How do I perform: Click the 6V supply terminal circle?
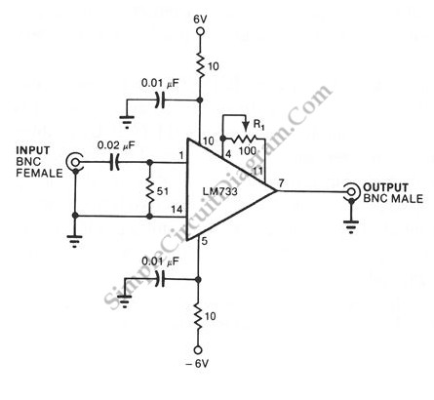pos(201,31)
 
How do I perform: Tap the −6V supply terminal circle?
pos(198,350)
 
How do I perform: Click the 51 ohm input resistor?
pos(149,192)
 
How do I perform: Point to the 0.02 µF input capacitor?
pos(114,162)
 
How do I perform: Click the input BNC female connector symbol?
pos(74,161)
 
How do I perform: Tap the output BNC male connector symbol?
pos(351,191)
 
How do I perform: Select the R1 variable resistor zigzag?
pos(245,140)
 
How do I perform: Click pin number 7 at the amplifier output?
pos(282,182)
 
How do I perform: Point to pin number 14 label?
pos(177,210)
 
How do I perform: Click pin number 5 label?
pos(204,241)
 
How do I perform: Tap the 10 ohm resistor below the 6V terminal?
pos(201,66)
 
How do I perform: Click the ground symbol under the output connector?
pos(351,227)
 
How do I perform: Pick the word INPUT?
pos(33,150)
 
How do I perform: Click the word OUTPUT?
pos(385,187)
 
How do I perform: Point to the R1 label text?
pos(258,125)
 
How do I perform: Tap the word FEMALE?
pos(39,173)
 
